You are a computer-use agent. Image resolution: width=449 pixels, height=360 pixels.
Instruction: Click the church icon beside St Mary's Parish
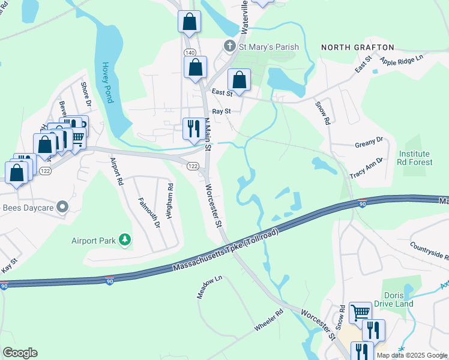click(229, 46)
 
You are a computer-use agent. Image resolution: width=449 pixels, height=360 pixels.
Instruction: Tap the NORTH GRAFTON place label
click(357, 47)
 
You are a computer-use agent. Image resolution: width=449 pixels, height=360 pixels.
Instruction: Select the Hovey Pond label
click(107, 83)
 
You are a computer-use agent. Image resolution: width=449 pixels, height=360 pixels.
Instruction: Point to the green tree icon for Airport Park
click(125, 241)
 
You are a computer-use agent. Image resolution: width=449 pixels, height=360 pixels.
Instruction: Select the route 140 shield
click(190, 53)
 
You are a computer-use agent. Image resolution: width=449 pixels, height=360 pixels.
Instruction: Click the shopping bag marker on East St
click(239, 80)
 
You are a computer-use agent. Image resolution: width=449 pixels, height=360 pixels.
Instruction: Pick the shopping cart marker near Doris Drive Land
click(360, 312)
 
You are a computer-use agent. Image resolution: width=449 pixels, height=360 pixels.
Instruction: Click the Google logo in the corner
click(20, 353)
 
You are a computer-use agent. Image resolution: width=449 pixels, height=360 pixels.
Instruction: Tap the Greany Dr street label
click(369, 143)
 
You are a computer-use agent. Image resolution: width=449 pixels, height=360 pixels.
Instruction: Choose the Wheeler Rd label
click(268, 320)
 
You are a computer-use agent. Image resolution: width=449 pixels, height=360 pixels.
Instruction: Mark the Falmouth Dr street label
click(149, 213)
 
